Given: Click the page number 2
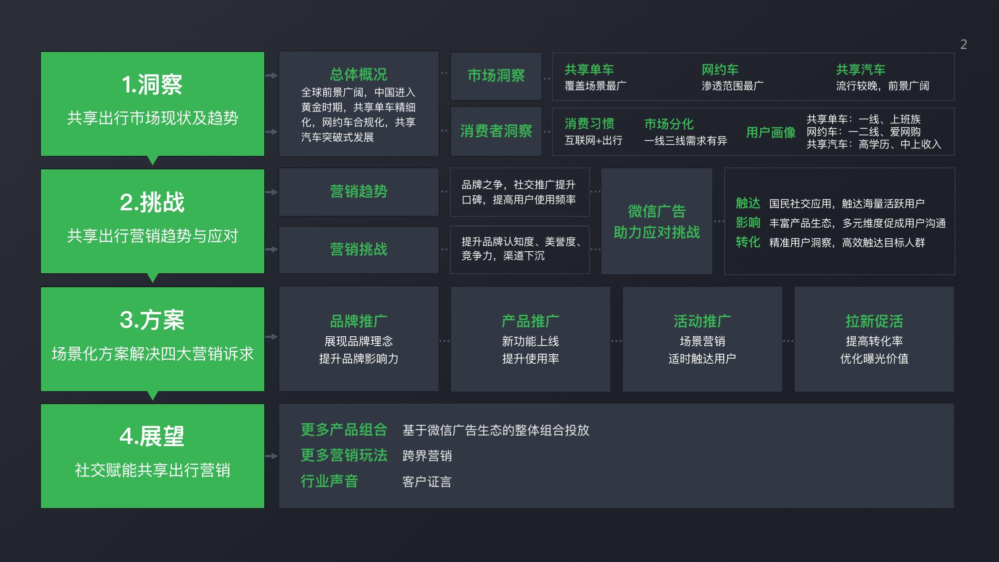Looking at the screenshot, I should pos(964,44).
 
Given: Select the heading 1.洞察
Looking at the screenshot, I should pos(152,84).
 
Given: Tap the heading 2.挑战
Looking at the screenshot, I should pos(152,202).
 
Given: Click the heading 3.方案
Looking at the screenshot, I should pos(152,320).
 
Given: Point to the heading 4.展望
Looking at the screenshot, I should pos(152,437).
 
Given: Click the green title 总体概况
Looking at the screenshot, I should pos(359,74).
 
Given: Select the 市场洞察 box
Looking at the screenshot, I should pos(496,75).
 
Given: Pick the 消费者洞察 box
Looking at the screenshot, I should pos(496,131).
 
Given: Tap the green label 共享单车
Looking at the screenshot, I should pos(589,69).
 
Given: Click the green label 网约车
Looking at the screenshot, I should pos(720,69).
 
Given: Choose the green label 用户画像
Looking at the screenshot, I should pos(771,132).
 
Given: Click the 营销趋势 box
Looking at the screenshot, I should pos(359,191).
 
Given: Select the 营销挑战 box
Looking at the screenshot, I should pos(359,249).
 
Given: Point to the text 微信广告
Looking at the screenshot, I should pos(656,211).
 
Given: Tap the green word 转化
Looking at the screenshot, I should pos(748,242).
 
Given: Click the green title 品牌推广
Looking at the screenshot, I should pos(359,321).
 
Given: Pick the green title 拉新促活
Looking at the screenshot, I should pos(874,321).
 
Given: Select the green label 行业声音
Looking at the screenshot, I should pos(329,481).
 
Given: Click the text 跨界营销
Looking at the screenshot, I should pos(427,456).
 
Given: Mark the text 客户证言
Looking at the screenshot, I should pos(427,482).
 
